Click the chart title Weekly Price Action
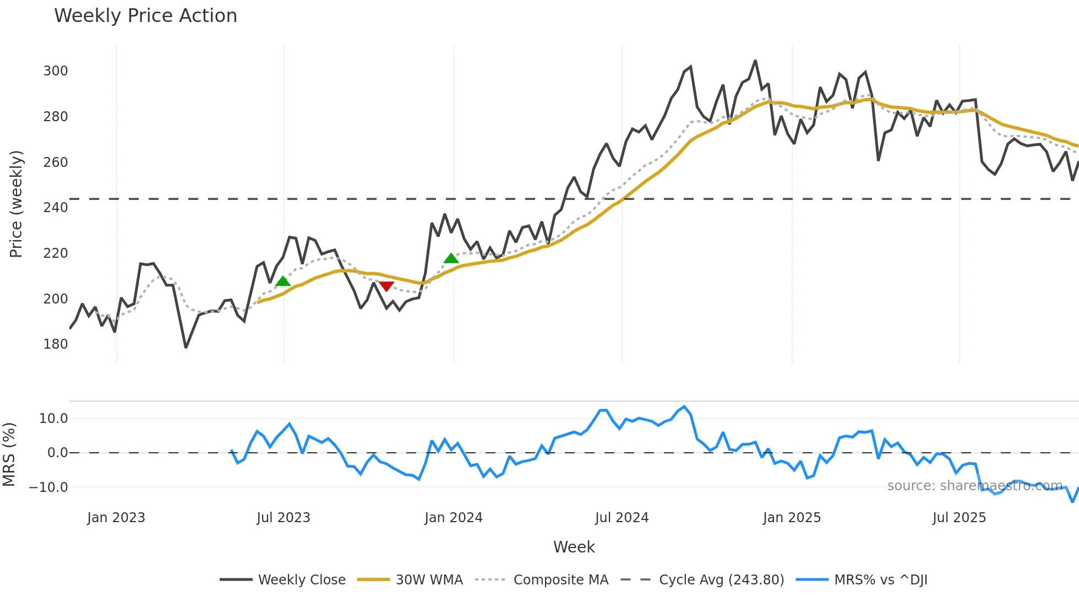(x=145, y=16)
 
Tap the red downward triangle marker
(x=386, y=286)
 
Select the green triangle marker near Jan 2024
(x=451, y=258)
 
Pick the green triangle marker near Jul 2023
(x=282, y=281)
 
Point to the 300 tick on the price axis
(x=56, y=71)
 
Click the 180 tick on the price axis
(x=56, y=344)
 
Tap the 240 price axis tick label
(x=56, y=208)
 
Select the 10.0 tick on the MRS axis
(x=53, y=419)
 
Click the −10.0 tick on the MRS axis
(x=48, y=487)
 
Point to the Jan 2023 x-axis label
(x=116, y=518)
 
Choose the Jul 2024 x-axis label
(x=622, y=518)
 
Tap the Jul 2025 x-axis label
(x=959, y=518)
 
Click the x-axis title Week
(x=574, y=547)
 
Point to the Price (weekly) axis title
(x=16, y=204)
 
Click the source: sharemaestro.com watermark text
(x=974, y=486)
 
